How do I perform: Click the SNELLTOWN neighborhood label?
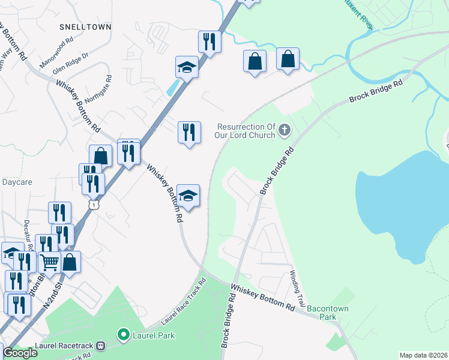pos(83,27)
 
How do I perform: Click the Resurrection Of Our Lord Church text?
pos(246,131)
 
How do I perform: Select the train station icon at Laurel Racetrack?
pos(101,346)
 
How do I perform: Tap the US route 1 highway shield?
pos(93,205)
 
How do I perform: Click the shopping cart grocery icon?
pos(49,262)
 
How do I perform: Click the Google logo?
pos(20,353)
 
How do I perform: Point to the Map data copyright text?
pos(424,355)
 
